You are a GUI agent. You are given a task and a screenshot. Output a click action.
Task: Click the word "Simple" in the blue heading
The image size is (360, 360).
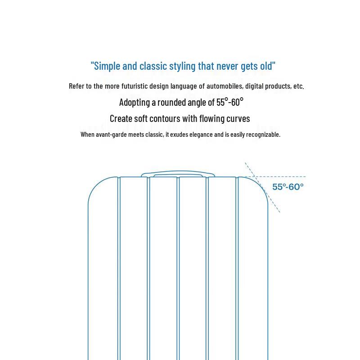click(107, 66)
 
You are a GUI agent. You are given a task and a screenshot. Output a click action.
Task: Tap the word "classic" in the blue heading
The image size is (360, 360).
click(153, 66)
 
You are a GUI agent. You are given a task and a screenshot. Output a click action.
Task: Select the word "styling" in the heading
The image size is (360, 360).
click(182, 66)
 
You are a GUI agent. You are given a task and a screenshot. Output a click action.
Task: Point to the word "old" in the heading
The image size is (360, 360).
click(266, 66)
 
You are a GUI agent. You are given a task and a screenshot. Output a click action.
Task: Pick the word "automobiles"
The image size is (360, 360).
click(225, 86)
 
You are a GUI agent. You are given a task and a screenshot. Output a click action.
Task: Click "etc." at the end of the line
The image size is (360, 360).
click(298, 86)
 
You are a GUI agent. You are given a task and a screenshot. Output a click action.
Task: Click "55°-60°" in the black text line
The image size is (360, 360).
click(229, 102)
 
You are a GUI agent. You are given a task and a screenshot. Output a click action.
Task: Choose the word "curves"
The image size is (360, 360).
click(234, 118)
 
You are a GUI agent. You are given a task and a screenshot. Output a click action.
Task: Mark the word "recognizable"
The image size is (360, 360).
click(261, 135)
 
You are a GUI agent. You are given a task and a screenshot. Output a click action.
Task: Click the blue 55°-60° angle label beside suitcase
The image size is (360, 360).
click(288, 187)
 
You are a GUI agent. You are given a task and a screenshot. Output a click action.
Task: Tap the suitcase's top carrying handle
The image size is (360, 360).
click(178, 173)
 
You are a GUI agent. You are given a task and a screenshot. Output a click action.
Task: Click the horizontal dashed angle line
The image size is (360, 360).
click(288, 177)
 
